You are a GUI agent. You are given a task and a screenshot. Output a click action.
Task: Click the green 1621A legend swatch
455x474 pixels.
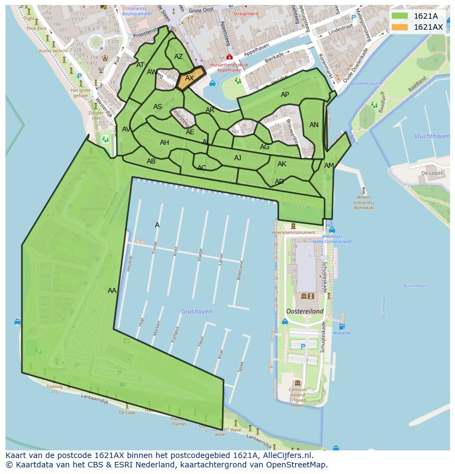click(x=399, y=16)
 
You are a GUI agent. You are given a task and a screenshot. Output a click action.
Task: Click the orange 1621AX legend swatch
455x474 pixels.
click(x=399, y=27)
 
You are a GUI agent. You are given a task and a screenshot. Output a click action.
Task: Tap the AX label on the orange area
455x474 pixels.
click(x=190, y=78)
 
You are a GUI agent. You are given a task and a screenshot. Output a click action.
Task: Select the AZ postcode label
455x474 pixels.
click(x=179, y=57)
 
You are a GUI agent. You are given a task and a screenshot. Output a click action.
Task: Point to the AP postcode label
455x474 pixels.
click(x=285, y=95)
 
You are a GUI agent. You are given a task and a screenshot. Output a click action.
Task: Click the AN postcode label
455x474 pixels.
click(x=314, y=125)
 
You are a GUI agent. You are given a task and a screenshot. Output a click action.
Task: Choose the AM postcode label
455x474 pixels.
click(x=329, y=166)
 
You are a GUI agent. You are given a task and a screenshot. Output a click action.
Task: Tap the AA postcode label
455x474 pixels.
click(x=112, y=291)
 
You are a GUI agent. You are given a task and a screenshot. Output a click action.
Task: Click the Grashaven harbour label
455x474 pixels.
click(x=196, y=312)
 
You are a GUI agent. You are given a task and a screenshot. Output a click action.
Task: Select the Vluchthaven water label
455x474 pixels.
click(x=432, y=136)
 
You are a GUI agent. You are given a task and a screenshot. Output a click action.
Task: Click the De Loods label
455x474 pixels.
click(x=431, y=173)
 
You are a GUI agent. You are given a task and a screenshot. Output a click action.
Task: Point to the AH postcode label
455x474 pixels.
click(x=164, y=143)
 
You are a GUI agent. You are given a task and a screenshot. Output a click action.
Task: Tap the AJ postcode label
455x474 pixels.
click(x=237, y=158)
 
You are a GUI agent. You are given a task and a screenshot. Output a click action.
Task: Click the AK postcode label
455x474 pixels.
click(x=282, y=164)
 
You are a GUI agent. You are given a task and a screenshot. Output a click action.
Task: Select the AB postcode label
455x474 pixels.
click(x=151, y=161)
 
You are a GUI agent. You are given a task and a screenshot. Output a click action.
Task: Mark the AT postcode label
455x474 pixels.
click(x=140, y=65)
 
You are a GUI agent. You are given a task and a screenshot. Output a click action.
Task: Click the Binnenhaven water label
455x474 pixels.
click(x=365, y=84)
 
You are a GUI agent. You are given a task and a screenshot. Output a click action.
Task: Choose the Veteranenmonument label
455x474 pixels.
click(x=292, y=233)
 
